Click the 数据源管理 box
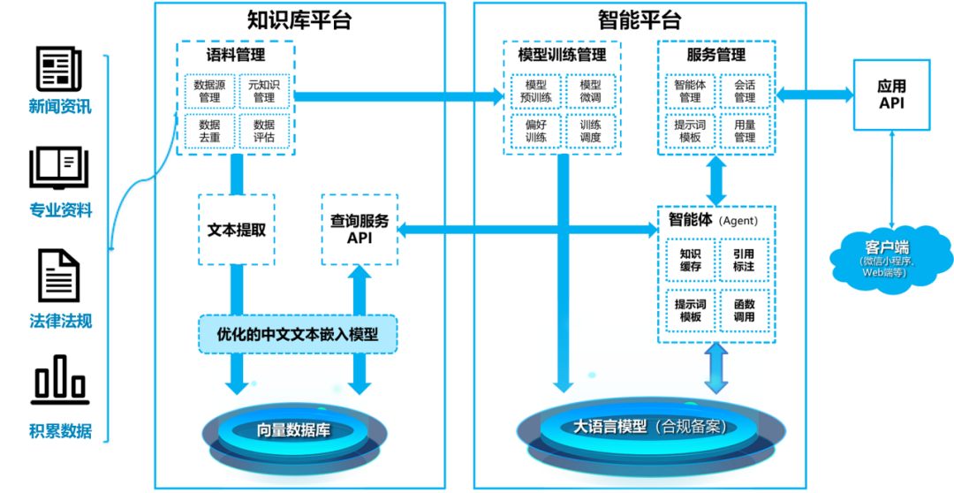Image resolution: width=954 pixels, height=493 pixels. coord(209,91)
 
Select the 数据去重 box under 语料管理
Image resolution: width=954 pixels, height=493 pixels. coord(209,131)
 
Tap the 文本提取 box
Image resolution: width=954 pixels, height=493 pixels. coord(237,230)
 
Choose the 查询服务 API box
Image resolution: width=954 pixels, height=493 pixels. coord(359,230)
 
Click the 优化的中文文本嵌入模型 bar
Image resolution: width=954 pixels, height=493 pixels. coord(298,334)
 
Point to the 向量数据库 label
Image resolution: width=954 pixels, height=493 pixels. coord(299,430)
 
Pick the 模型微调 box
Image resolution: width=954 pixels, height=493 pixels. coord(590,91)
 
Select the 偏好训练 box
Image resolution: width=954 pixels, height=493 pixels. coord(536,131)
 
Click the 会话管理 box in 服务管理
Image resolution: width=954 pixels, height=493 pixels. coord(745,91)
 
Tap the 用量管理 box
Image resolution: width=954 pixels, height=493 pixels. coord(745,131)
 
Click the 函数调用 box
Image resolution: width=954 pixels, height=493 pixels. coord(745,310)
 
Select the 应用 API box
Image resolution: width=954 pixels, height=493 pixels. coord(891,95)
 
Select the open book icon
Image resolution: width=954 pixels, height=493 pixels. coord(60,168)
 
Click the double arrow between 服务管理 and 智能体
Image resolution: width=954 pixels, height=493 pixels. coord(716,180)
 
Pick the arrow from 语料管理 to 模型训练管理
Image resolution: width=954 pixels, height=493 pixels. coord(397,95)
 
